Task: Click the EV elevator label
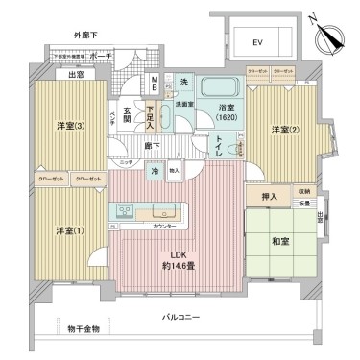click(x=257, y=44)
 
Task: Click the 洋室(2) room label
click(x=280, y=130)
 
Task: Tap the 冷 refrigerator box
click(x=156, y=170)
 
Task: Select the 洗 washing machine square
click(x=184, y=82)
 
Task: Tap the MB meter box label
click(x=155, y=85)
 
